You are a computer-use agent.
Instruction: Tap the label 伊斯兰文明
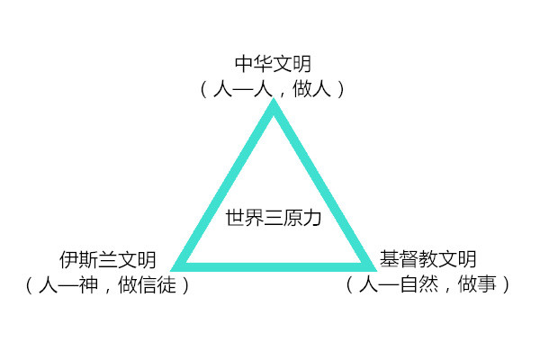coord(108,261)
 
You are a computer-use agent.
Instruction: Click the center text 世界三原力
coord(273,217)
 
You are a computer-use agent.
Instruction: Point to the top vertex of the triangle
coord(274,103)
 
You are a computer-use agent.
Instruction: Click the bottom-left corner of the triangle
coord(180,265)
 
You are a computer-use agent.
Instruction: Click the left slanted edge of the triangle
coord(227,184)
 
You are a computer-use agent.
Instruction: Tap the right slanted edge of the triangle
coord(321,184)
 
